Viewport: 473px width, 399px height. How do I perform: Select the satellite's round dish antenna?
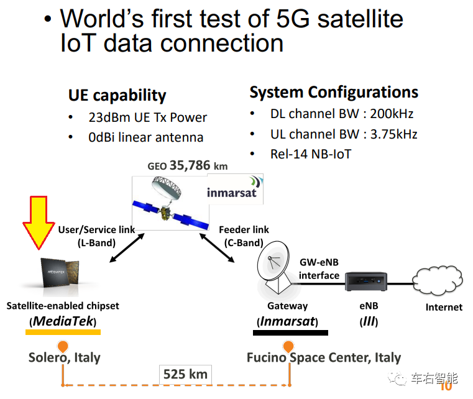tap(167, 188)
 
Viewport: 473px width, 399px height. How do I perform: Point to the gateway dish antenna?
tap(274, 266)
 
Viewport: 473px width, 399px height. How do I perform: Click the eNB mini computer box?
tap(366, 281)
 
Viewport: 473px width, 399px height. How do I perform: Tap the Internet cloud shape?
tap(438, 280)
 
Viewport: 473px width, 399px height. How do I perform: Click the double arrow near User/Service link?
tap(127, 247)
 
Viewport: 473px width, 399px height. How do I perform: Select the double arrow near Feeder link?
tap(217, 247)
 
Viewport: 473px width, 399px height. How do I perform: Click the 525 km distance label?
tap(185, 374)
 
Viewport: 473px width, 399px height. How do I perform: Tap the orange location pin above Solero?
tap(63, 347)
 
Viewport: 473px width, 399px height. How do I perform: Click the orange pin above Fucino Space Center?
tap(288, 347)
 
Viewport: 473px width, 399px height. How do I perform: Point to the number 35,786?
tap(190, 165)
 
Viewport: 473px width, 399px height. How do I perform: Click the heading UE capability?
tap(117, 96)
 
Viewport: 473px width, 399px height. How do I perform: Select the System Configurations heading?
tap(334, 92)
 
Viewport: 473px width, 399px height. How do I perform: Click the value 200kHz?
tap(392, 114)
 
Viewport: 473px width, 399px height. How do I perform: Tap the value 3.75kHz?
tap(393, 134)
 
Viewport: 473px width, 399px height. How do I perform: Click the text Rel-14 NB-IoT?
tap(311, 154)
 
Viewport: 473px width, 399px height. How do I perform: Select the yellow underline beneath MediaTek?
tap(63, 332)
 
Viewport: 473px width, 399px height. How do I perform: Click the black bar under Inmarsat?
tap(290, 332)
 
